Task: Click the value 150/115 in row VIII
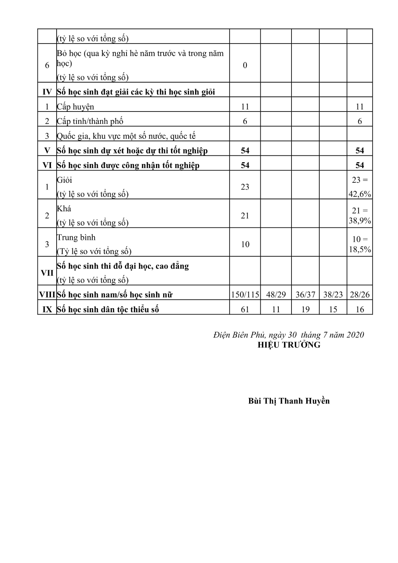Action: (x=245, y=295)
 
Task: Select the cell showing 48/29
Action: (x=276, y=295)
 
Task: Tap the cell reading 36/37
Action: (x=305, y=295)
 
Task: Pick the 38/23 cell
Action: (x=333, y=295)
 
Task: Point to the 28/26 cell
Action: (x=360, y=295)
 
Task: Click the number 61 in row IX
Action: (x=245, y=309)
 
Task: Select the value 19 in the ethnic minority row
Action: (x=305, y=309)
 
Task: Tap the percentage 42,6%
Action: (x=360, y=194)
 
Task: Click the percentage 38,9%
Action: (x=360, y=221)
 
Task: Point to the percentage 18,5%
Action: (x=360, y=249)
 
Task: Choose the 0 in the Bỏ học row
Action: (x=245, y=65)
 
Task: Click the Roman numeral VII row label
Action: (x=47, y=273)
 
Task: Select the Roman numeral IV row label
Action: (x=47, y=92)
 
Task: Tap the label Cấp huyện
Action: (x=75, y=107)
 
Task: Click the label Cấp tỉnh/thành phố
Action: (x=90, y=121)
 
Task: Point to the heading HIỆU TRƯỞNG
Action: (x=289, y=345)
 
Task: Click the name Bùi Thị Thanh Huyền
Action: (x=289, y=401)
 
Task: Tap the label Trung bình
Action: (x=76, y=238)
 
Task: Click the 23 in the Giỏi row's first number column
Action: (x=245, y=187)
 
